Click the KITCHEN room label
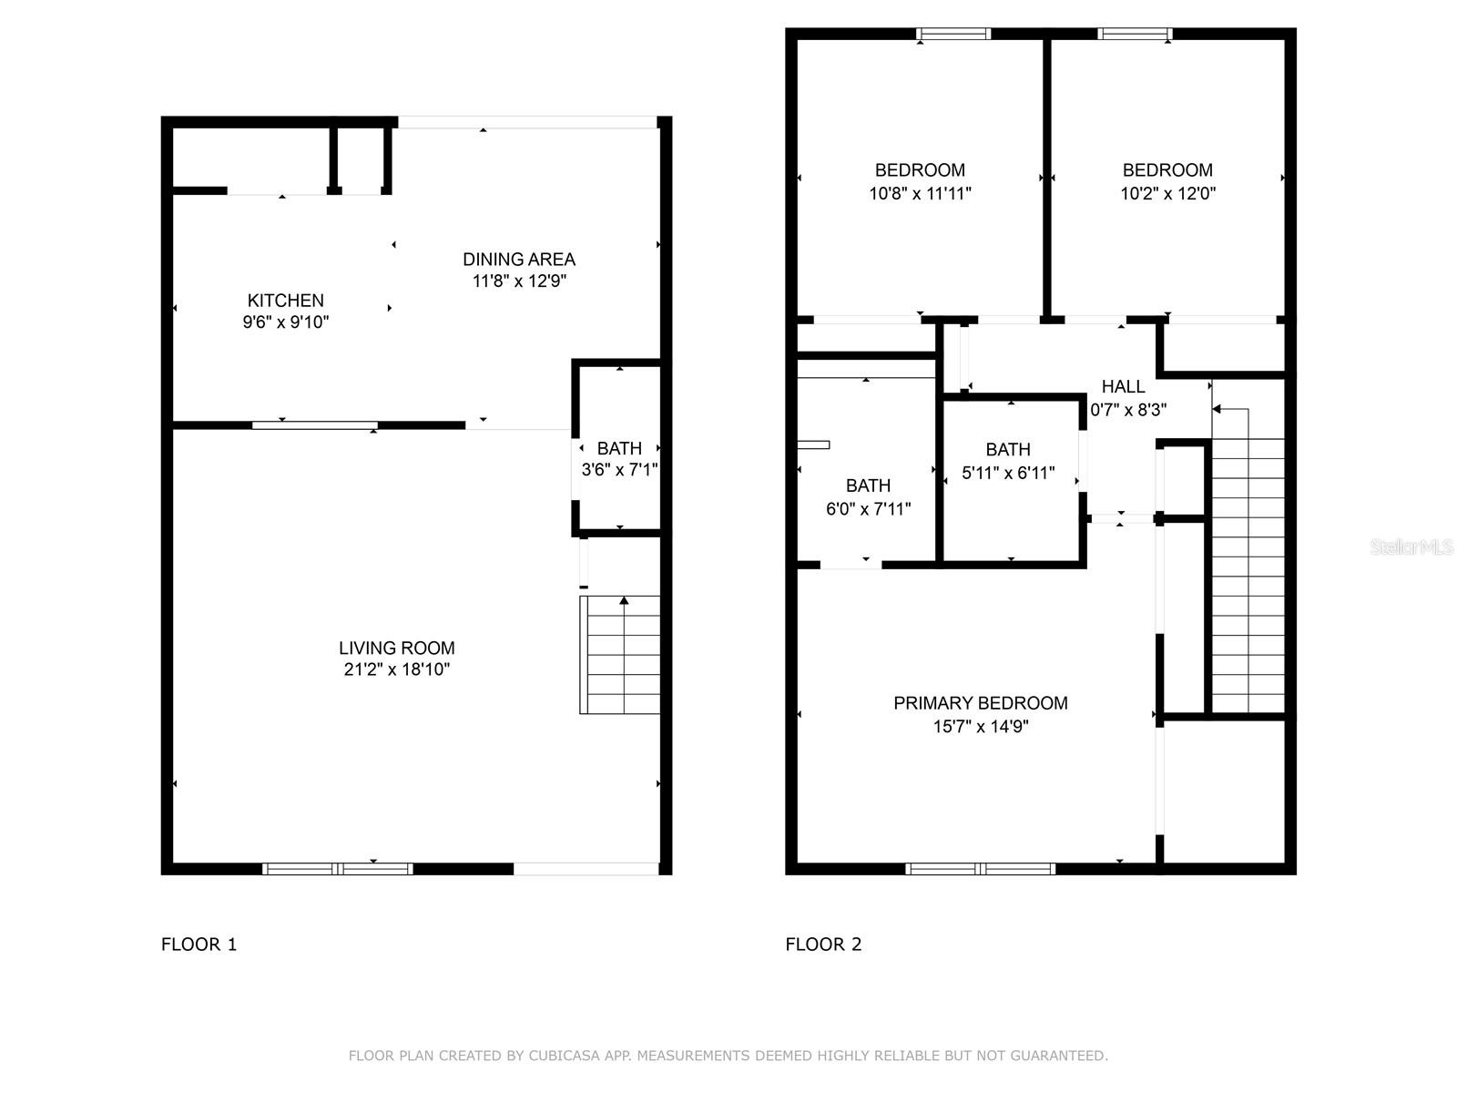[x=285, y=301]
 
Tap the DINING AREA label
[x=519, y=260]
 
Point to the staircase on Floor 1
[x=620, y=654]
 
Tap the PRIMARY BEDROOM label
[x=980, y=703]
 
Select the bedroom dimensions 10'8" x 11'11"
[x=920, y=193]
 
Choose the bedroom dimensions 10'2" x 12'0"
[x=1167, y=193]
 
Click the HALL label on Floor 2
[x=1123, y=387]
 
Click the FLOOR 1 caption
[x=199, y=945]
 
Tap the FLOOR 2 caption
[x=823, y=945]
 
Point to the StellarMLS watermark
[x=1411, y=547]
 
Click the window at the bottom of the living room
[x=338, y=869]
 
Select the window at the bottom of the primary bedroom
[x=981, y=869]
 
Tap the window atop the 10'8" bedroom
[x=953, y=35]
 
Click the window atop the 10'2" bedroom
[x=1135, y=35]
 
